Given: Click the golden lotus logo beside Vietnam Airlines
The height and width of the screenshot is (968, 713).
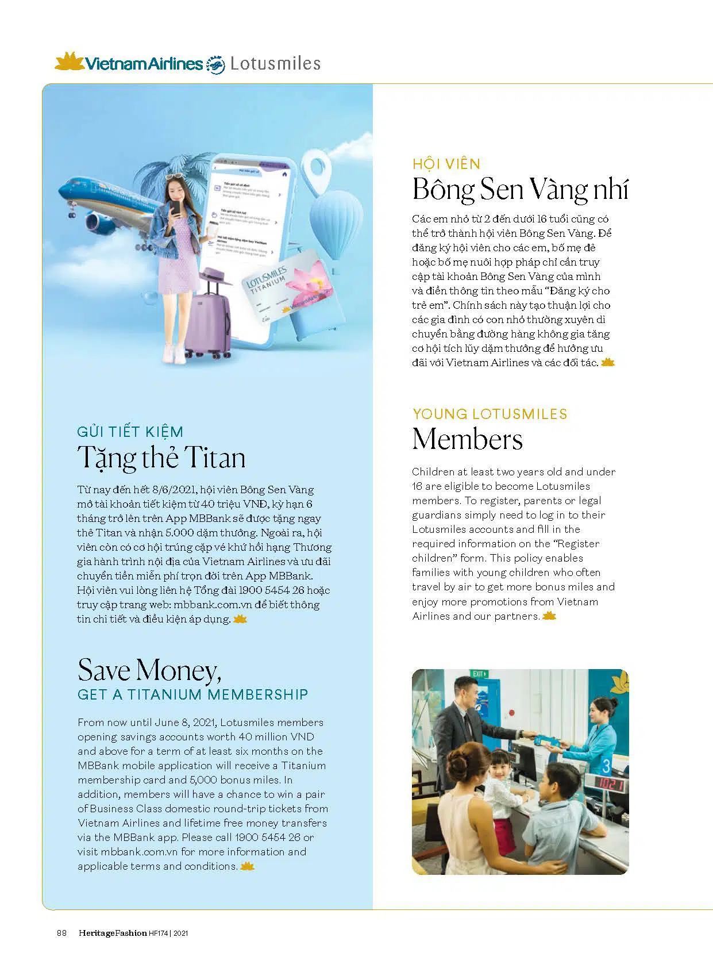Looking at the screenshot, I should pos(69,62).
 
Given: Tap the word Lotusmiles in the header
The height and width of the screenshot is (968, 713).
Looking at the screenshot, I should pos(275,63).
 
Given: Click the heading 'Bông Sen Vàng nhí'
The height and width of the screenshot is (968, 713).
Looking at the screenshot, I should pos(521,190).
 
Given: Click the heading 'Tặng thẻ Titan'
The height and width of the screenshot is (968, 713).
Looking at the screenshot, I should pos(161,458).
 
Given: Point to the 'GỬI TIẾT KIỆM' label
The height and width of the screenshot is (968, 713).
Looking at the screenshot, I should pos(130,432).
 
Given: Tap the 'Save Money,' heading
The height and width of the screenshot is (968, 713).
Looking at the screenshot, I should pos(149,670).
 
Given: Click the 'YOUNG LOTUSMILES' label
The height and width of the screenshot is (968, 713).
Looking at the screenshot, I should pos(490,414).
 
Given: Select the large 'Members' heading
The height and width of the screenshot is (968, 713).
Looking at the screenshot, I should pos(468,439).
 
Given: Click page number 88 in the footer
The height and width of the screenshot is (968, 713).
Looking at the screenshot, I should pos(61,933).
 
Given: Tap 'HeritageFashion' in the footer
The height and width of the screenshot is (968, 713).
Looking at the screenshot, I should pos(113,933).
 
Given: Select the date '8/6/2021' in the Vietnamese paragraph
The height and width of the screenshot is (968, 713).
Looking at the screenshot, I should pos(175,490).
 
